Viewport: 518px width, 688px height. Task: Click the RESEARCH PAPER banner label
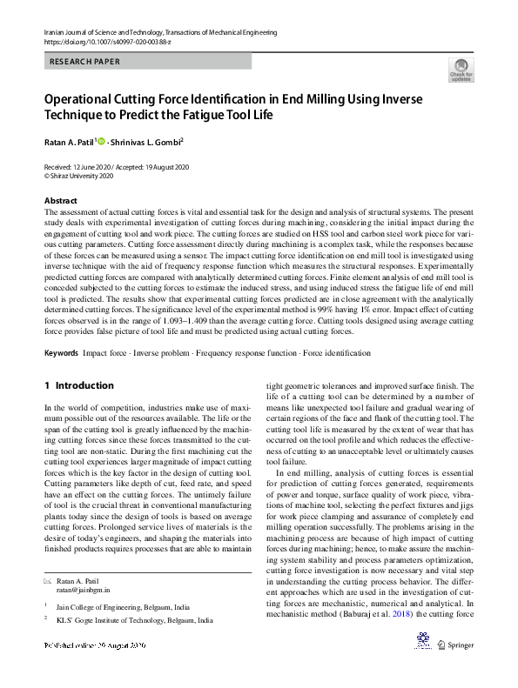click(85, 62)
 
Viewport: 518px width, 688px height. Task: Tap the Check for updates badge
click(461, 70)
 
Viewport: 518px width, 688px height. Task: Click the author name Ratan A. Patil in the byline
click(69, 142)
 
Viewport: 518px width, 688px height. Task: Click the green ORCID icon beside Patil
click(101, 141)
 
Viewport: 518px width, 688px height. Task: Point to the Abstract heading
click(60, 200)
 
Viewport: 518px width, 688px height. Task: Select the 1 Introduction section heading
click(78, 385)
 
